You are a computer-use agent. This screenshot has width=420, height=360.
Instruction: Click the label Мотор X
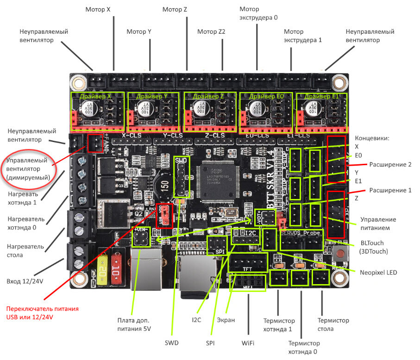(98, 9)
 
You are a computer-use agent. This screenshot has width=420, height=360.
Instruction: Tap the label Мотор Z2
(211, 32)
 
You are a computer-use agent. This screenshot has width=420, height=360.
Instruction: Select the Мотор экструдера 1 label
(302, 36)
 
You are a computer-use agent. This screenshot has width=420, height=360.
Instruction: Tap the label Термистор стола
(333, 325)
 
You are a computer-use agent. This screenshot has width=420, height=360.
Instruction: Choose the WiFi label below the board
(248, 343)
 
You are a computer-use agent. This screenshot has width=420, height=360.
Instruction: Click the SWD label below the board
(171, 343)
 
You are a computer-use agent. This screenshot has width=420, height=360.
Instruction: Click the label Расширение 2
(390, 164)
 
